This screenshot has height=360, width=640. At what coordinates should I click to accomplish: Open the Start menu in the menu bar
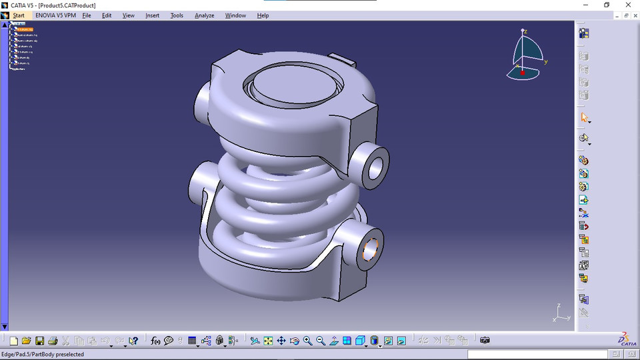pyautogui.click(x=18, y=15)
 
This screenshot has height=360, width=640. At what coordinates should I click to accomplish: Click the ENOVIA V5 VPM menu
pyautogui.click(x=55, y=15)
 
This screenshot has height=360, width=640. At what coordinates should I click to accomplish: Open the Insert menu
pyautogui.click(x=152, y=15)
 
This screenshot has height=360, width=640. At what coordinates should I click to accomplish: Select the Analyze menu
pyautogui.click(x=204, y=15)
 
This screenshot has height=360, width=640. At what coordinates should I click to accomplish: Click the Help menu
pyautogui.click(x=263, y=15)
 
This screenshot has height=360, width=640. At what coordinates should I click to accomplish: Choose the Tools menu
pyautogui.click(x=177, y=15)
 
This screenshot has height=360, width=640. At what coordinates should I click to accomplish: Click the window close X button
pyautogui.click(x=627, y=5)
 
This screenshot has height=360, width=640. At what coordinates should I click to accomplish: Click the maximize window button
pyautogui.click(x=607, y=5)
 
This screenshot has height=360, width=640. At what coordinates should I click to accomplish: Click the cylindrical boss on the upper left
pyautogui.click(x=202, y=101)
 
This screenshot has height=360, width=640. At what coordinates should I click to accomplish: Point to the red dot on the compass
pyautogui.click(x=522, y=72)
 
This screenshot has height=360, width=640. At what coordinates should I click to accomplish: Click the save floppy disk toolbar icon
pyautogui.click(x=40, y=341)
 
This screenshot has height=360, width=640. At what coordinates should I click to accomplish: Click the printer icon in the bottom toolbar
pyautogui.click(x=53, y=341)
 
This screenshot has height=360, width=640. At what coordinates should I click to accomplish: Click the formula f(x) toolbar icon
pyautogui.click(x=155, y=341)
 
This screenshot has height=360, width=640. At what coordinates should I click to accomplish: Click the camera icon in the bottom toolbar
pyautogui.click(x=485, y=341)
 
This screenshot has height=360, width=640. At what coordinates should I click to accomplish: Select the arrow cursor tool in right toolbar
pyautogui.click(x=584, y=117)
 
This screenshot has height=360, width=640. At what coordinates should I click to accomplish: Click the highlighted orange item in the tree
pyautogui.click(x=25, y=29)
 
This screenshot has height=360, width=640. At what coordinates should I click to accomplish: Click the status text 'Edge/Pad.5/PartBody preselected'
pyautogui.click(x=43, y=355)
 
